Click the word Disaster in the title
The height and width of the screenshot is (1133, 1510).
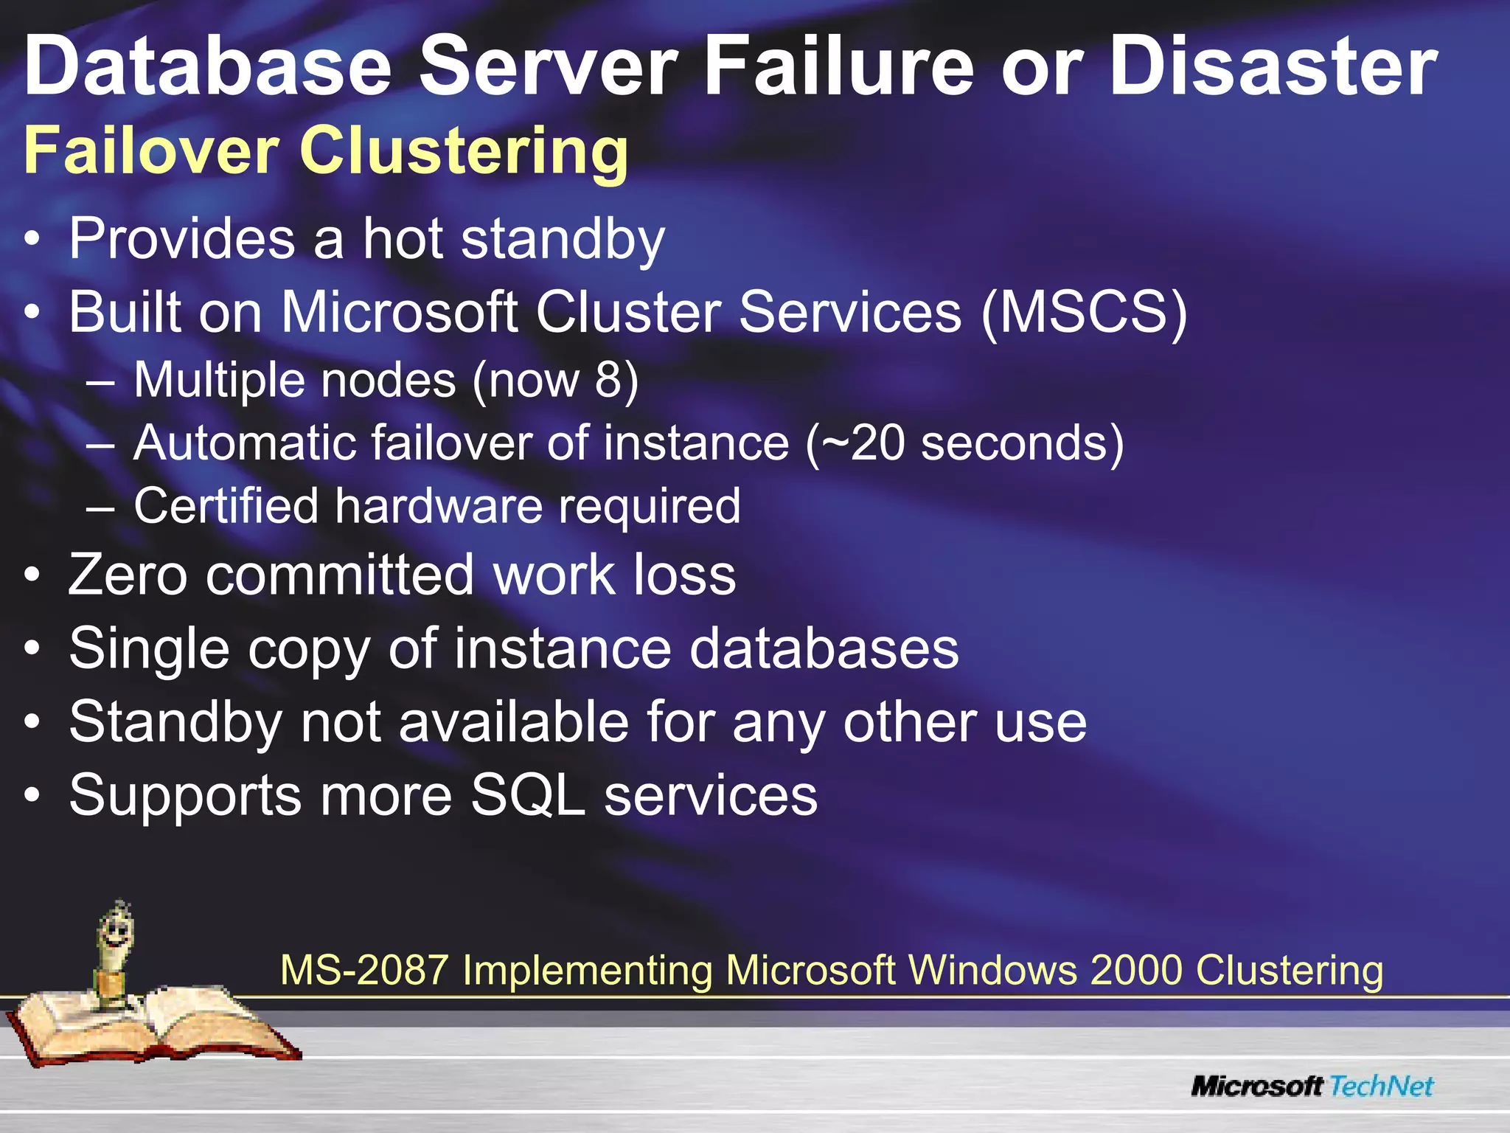tap(1273, 67)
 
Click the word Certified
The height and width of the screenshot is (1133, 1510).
tap(225, 506)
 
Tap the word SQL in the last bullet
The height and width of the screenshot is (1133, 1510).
tap(527, 795)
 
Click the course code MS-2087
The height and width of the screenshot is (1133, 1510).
tap(364, 970)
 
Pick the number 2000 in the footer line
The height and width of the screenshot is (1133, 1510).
tap(1135, 970)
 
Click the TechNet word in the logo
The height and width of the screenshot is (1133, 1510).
tap(1381, 1086)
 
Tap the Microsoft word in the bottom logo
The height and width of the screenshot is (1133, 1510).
tap(1258, 1087)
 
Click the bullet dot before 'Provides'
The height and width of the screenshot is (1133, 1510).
tap(32, 240)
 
